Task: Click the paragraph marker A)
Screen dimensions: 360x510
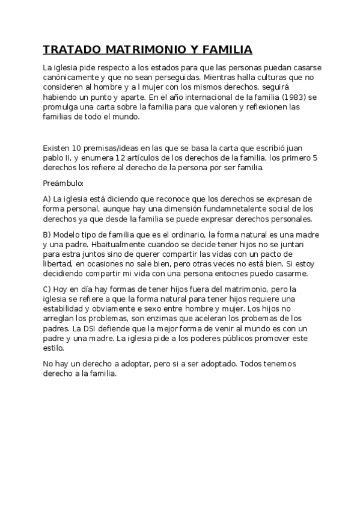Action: click(47, 198)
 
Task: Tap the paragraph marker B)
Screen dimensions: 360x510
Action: click(47, 235)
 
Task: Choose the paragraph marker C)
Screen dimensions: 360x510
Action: click(47, 290)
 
